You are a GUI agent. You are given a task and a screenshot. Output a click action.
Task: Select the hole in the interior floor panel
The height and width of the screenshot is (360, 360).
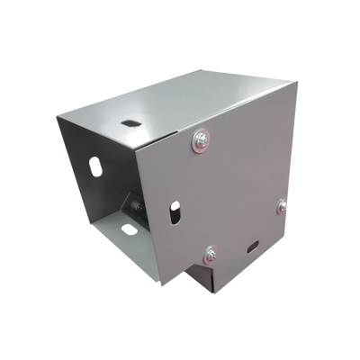[129, 229]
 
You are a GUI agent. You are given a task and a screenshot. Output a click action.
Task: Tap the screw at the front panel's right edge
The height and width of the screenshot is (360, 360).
[282, 205]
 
